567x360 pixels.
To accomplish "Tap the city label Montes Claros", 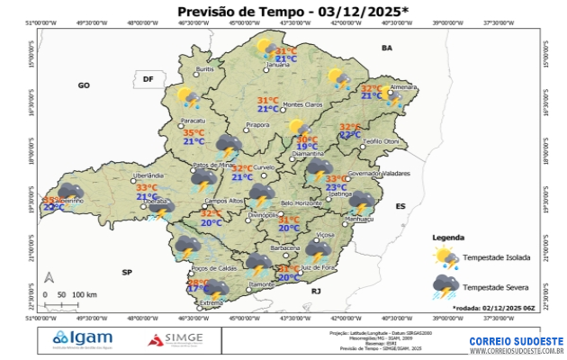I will pos(302,105).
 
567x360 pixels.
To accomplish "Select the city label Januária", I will pos(279,65).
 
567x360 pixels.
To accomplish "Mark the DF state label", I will pos(148,79).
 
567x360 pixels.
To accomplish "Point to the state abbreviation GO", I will pos(84,85).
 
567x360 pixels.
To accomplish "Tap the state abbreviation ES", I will pos(400,206).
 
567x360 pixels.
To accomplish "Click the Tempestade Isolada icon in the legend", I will pos(445,257).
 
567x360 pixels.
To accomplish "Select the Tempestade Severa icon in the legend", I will pos(445,287).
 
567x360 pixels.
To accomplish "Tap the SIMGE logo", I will pos(176,339).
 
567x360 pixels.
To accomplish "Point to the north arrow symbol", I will pos(50,278).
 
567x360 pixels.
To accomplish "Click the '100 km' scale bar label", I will pos(85,294).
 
